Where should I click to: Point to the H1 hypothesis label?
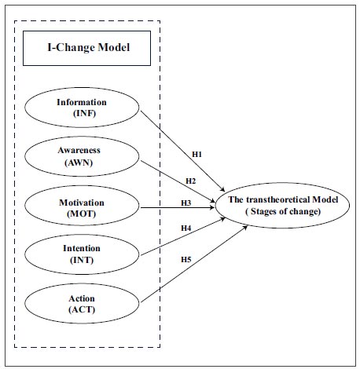click(197, 155)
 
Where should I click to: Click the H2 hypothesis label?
click(191, 181)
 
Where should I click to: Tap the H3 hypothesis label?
click(186, 203)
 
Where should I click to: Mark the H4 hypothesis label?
click(186, 228)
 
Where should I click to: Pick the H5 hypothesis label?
click(186, 260)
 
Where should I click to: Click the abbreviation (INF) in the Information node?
click(84, 114)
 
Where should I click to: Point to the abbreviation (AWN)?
click(79, 163)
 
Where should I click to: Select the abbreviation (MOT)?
click(82, 214)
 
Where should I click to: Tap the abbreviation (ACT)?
click(82, 310)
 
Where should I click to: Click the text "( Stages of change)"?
click(283, 211)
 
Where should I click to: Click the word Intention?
click(82, 248)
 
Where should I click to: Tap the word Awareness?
click(79, 150)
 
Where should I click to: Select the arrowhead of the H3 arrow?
click(212, 208)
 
